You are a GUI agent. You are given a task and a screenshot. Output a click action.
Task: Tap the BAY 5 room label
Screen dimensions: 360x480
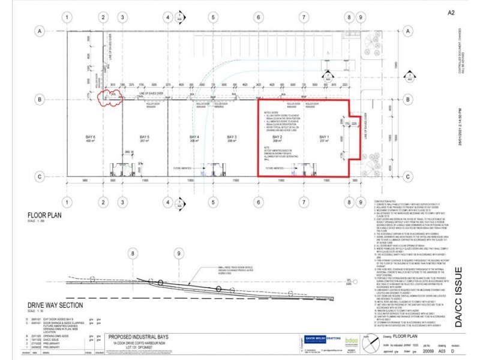pyautogui.click(x=144, y=138)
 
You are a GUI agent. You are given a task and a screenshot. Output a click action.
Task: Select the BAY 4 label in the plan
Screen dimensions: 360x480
pyautogui.click(x=194, y=138)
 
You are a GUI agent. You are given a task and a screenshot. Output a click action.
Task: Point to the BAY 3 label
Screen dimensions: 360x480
pyautogui.click(x=231, y=138)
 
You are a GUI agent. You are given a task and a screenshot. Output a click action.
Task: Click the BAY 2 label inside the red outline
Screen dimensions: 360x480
pyautogui.click(x=277, y=138)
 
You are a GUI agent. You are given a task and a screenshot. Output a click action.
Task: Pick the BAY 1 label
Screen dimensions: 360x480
pyautogui.click(x=325, y=138)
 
